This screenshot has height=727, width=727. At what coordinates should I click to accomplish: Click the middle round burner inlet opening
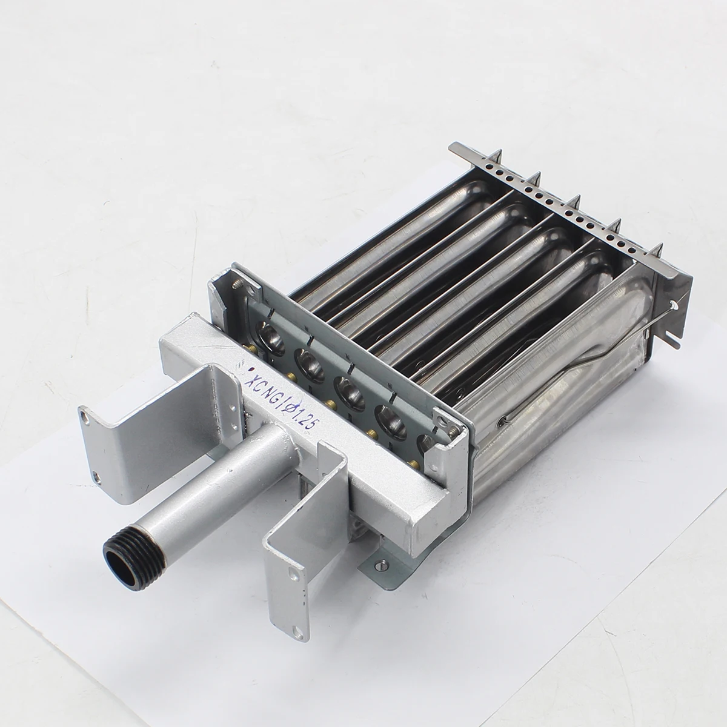pos(349,394)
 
